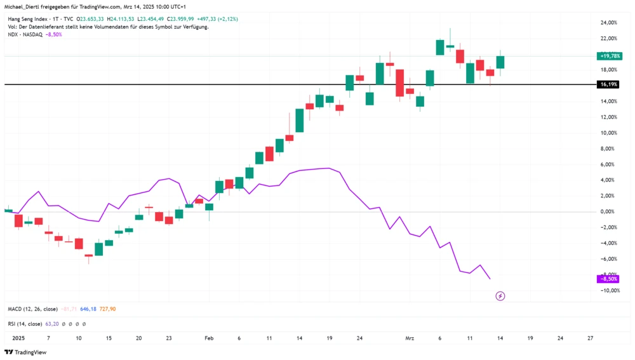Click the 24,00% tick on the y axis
[x=609, y=23]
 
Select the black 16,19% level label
[x=608, y=84]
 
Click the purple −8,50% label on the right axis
[x=608, y=279]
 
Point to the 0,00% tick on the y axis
[x=609, y=211]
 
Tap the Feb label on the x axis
[x=209, y=339]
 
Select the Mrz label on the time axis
[x=410, y=339]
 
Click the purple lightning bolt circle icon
[x=500, y=296]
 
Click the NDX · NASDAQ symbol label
[x=24, y=34]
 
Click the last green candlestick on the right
[x=500, y=62]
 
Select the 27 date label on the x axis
[x=591, y=339]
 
